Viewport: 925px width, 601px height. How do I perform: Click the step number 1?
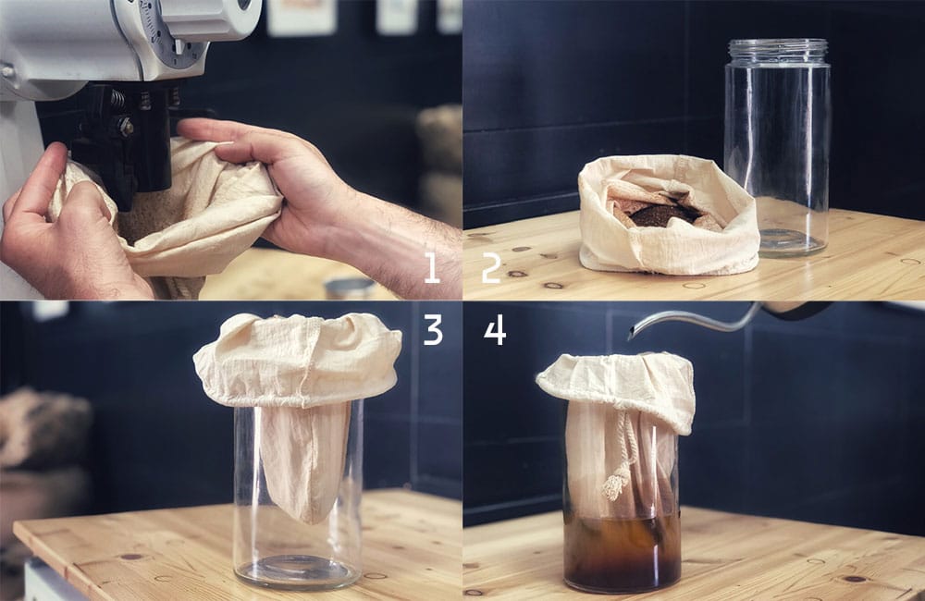tap(431, 267)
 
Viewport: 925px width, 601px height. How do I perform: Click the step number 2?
tap(491, 267)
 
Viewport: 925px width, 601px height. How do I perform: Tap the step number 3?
tap(433, 329)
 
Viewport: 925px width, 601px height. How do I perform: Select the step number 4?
tap(495, 329)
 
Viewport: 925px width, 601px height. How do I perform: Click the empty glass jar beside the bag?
tap(776, 157)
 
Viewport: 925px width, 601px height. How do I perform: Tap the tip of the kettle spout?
tap(633, 335)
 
